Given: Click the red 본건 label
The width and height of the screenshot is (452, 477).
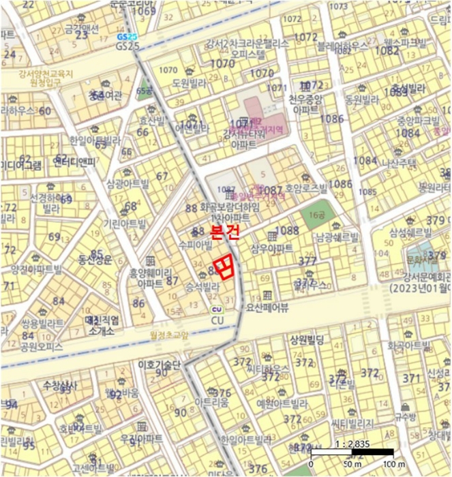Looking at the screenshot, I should coord(224,232).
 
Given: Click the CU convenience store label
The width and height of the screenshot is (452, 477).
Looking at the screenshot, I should coord(217,320).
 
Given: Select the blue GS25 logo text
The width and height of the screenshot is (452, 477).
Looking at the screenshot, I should coord(127,37).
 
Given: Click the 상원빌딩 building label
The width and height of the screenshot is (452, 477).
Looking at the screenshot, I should coord(309,339).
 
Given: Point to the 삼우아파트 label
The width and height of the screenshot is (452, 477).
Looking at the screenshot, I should coord(272,247).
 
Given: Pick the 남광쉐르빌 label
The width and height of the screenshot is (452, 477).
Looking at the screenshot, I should coord(337,238).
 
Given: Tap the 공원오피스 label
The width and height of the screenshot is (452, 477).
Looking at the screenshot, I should coord(42,347).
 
